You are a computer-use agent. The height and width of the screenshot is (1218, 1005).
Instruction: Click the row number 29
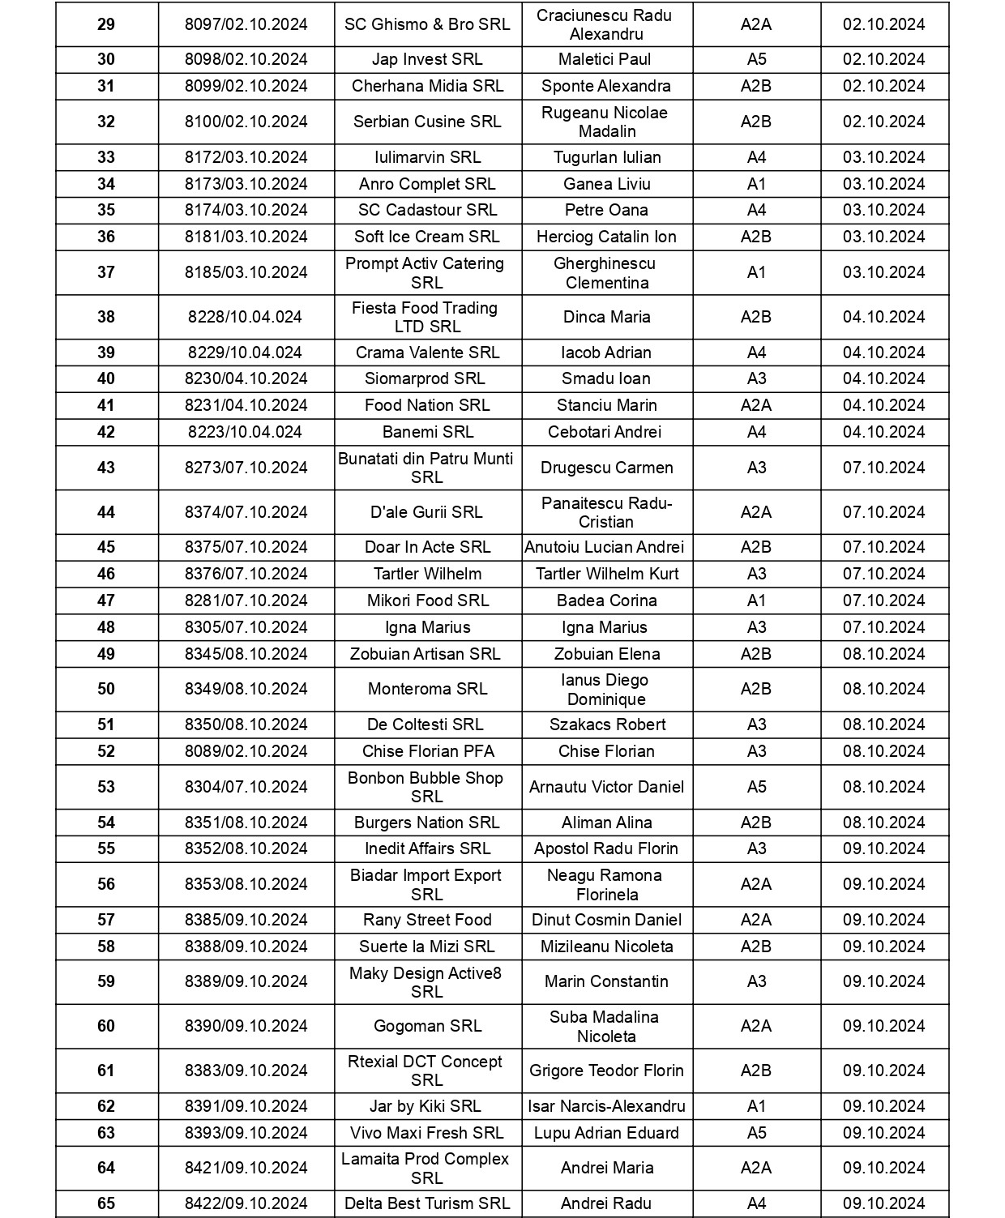[106, 24]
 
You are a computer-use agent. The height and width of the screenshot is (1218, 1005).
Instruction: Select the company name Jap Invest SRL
[427, 59]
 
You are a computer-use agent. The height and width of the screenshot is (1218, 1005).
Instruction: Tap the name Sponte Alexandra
[606, 86]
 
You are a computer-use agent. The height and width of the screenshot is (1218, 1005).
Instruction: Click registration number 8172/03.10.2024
[246, 157]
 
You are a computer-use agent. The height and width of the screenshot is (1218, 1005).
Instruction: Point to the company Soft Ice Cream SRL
[427, 237]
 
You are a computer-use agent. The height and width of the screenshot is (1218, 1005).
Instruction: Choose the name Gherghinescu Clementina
[606, 273]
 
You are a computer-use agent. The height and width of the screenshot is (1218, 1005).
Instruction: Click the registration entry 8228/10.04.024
[246, 317]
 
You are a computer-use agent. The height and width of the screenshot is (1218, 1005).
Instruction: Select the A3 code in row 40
[756, 378]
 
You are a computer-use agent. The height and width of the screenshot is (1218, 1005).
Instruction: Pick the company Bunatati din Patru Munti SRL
[426, 468]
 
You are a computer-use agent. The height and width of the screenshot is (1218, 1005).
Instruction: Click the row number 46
[106, 574]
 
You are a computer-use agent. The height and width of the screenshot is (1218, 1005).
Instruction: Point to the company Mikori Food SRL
[428, 600]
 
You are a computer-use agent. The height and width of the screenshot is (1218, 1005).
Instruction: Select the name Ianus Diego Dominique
[605, 690]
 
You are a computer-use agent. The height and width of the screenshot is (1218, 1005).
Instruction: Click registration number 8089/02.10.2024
[246, 751]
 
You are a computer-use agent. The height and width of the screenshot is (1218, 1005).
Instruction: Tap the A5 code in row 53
[756, 787]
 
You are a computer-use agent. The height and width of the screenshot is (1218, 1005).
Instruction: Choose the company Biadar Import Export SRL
[426, 884]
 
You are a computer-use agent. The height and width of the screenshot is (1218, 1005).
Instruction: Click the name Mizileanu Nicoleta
[607, 947]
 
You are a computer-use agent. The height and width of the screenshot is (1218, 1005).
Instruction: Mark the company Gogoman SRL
[428, 1026]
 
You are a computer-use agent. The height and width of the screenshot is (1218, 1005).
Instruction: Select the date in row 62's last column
[884, 1106]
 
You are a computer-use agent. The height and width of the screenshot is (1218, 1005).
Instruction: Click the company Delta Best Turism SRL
[428, 1203]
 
